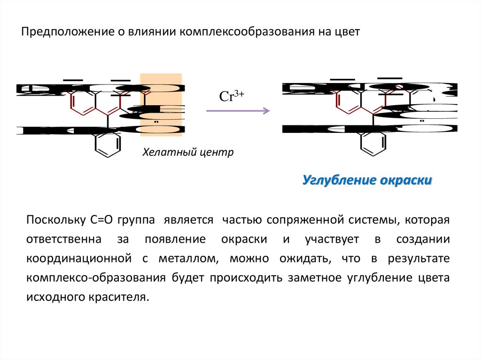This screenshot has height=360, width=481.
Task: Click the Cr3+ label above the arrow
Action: (x=231, y=96)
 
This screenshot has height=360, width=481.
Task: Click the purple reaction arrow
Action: (x=238, y=111)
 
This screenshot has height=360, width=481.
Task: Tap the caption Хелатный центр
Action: (x=188, y=153)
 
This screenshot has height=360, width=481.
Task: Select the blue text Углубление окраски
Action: (x=367, y=180)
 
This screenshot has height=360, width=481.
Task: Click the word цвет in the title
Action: (x=347, y=32)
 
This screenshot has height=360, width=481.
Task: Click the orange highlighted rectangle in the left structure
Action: (x=161, y=105)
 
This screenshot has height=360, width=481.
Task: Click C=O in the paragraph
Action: (x=100, y=220)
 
